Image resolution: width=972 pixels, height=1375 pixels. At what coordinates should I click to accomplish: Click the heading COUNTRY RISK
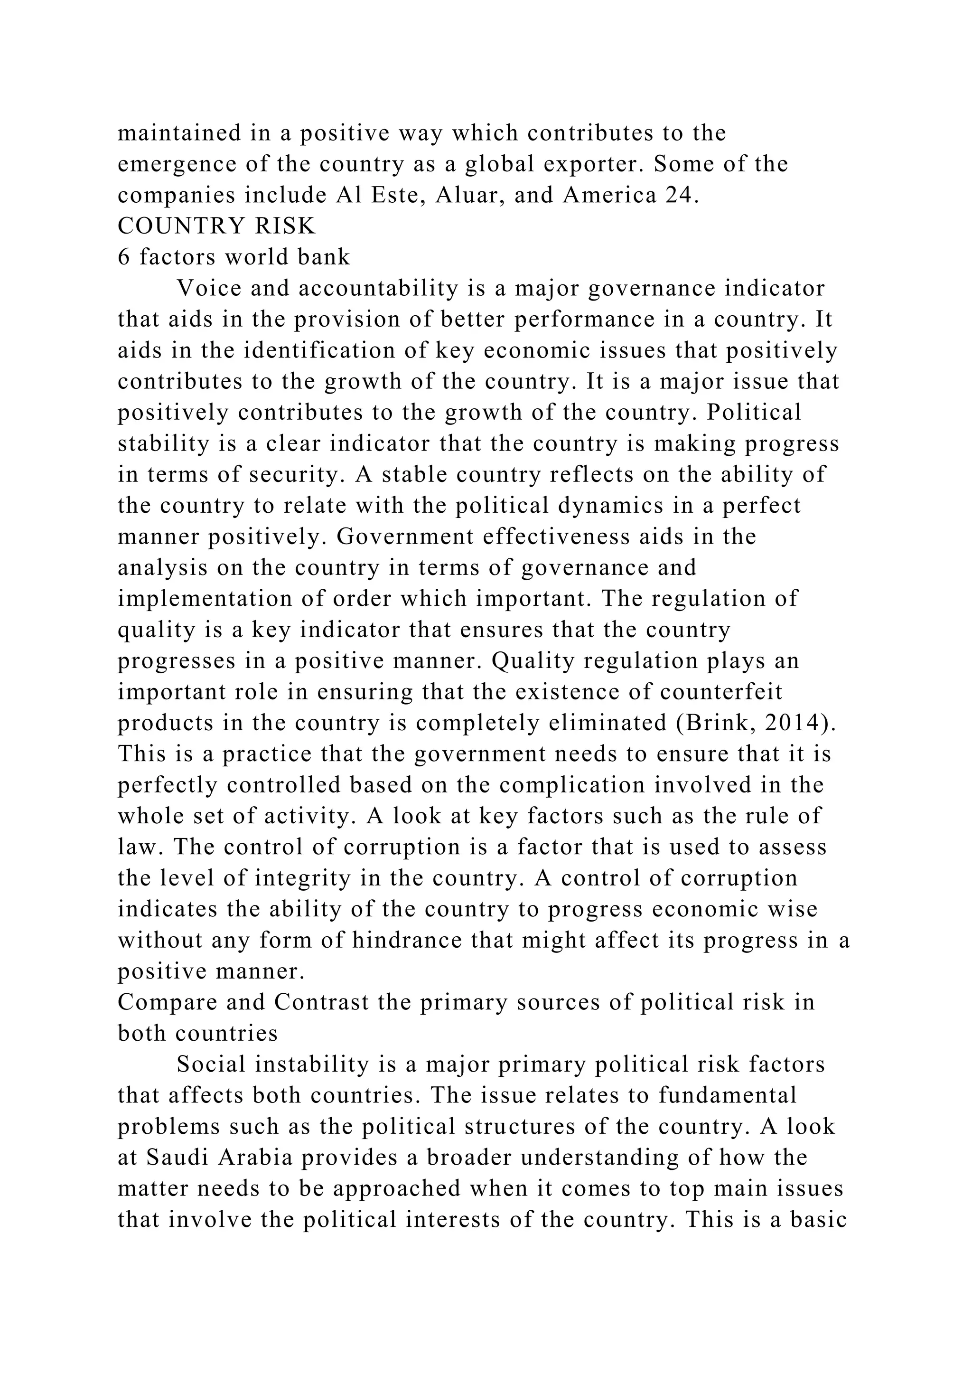[x=217, y=226]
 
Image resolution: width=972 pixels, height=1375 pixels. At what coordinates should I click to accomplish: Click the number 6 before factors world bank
[x=124, y=257]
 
